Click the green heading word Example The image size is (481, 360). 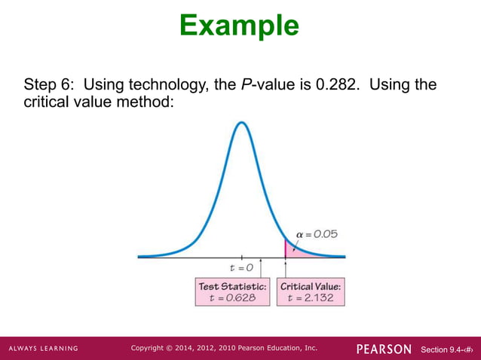[x=240, y=26]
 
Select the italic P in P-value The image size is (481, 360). [x=246, y=84]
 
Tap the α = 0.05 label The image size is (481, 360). [x=317, y=234]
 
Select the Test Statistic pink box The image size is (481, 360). [x=232, y=291]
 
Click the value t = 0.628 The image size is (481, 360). [x=232, y=297]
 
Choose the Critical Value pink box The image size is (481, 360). [x=311, y=291]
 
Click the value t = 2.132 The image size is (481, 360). [x=311, y=297]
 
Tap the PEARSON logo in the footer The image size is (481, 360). [x=384, y=349]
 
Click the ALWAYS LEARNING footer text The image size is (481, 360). [x=43, y=349]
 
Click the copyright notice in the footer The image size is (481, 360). [x=224, y=348]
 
